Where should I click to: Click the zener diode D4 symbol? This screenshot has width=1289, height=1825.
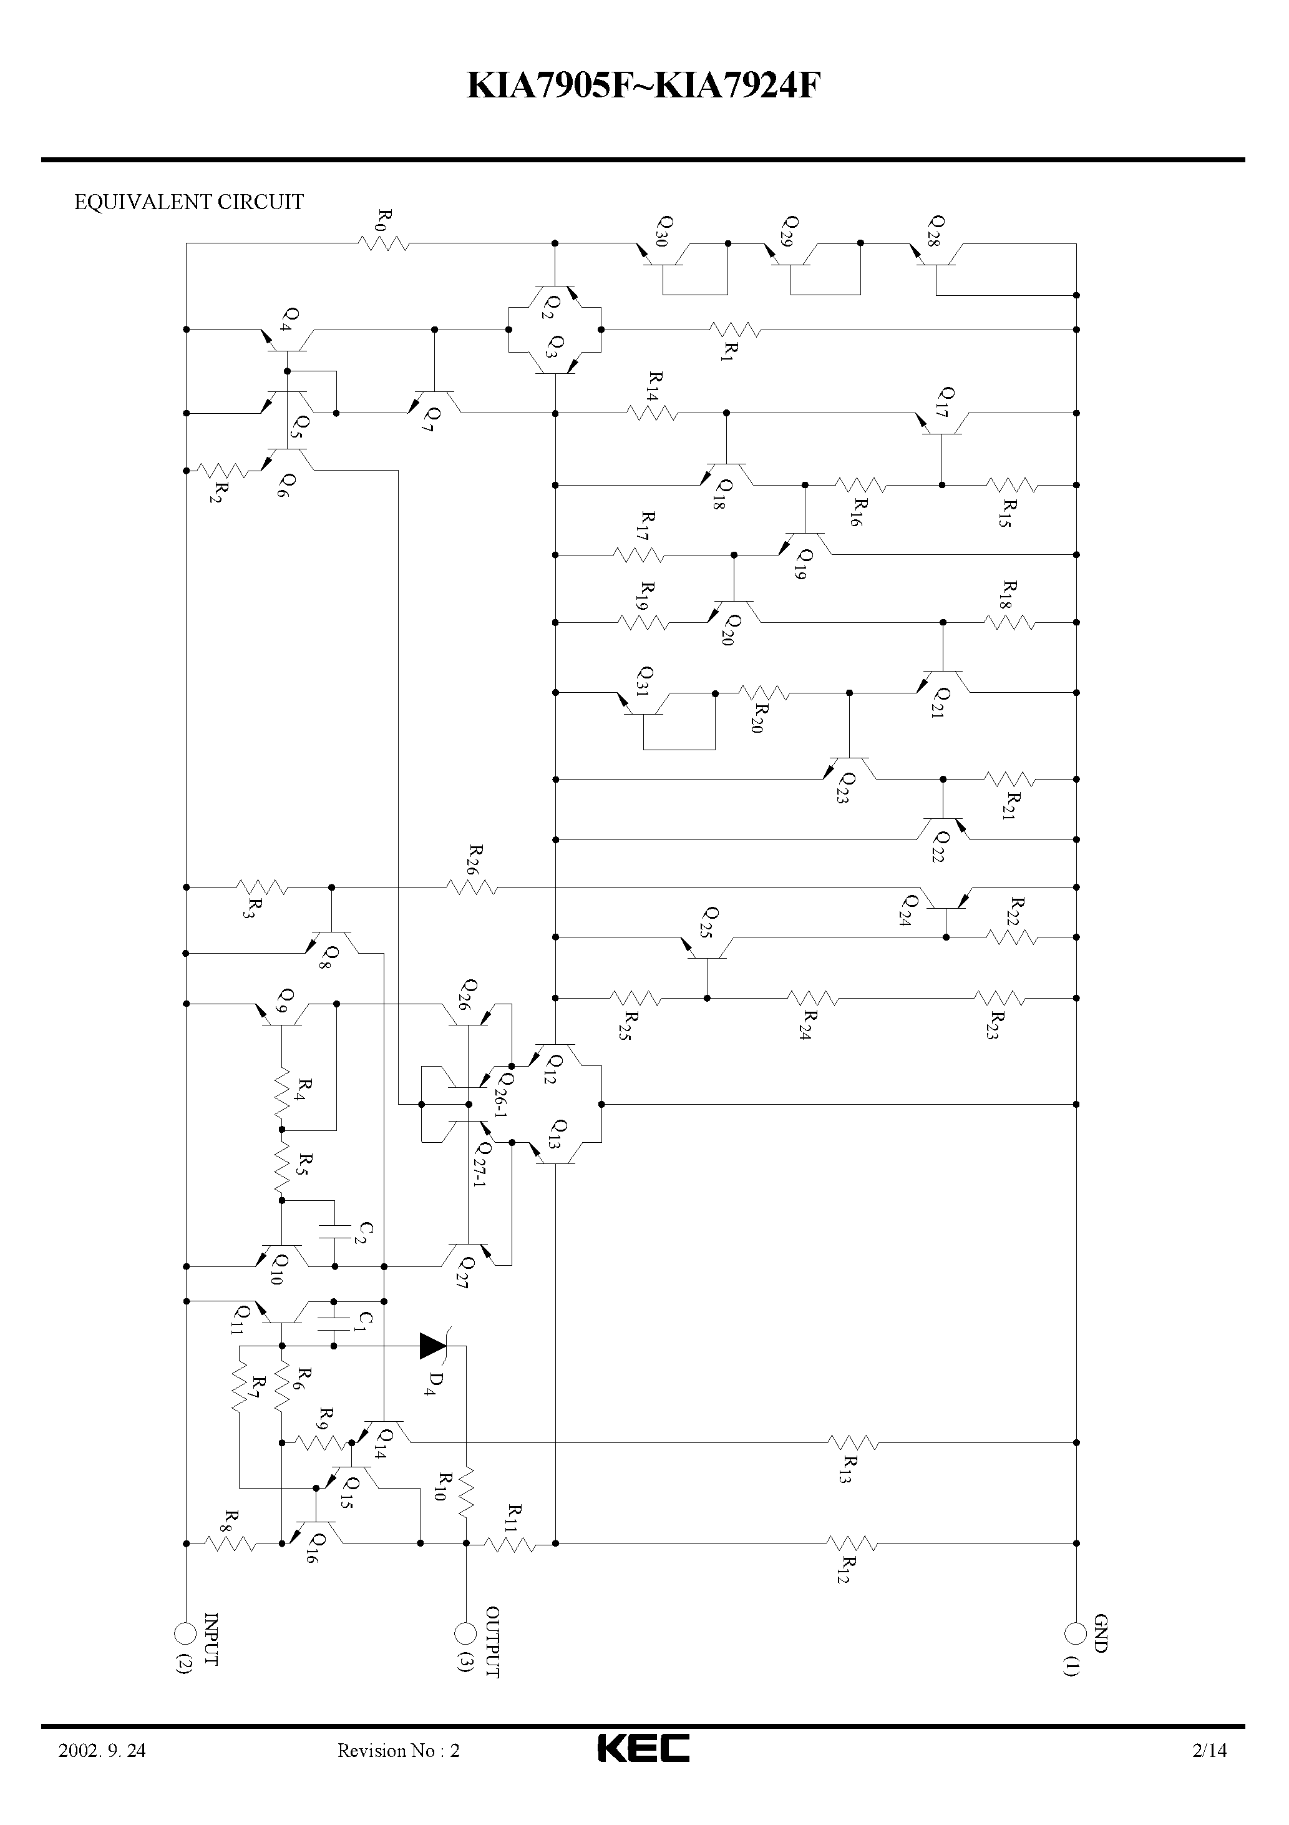(433, 1346)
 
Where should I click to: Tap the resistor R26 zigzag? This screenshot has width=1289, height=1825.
(472, 886)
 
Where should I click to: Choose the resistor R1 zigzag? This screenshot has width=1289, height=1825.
(734, 329)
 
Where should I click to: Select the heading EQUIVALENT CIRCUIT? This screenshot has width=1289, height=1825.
(188, 203)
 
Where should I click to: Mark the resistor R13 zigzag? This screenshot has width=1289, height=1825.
(853, 1442)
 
